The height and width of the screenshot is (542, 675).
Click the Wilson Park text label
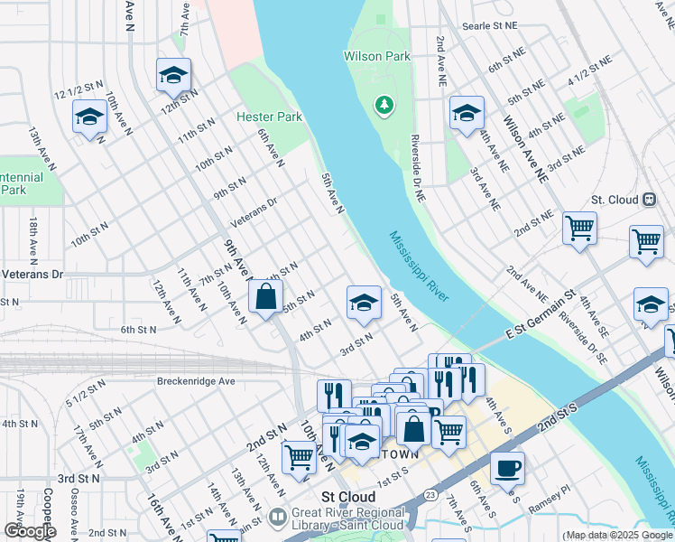(376, 56)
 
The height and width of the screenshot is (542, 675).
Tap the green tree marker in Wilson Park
(385, 107)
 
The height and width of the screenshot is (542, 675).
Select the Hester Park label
(269, 117)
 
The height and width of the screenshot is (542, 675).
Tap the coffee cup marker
(507, 468)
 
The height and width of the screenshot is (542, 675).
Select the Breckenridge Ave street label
(196, 381)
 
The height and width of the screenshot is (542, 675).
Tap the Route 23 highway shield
(430, 495)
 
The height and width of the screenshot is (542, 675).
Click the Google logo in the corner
(29, 530)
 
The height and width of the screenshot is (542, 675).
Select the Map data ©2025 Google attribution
(618, 536)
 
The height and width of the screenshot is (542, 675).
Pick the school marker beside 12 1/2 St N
(89, 117)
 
